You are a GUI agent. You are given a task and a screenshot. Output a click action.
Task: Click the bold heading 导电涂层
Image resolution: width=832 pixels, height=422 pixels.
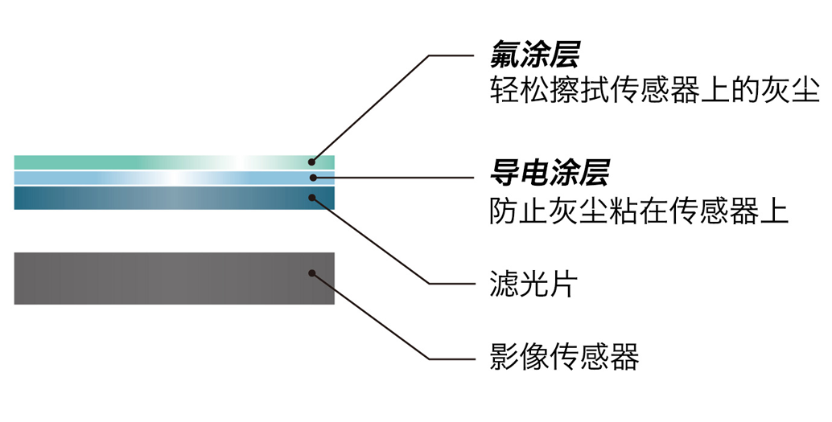[x=550, y=172]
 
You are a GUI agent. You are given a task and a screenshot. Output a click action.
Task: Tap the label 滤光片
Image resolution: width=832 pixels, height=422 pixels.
[x=533, y=284]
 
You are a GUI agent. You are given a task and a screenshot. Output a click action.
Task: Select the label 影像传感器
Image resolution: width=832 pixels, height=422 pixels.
[x=564, y=356]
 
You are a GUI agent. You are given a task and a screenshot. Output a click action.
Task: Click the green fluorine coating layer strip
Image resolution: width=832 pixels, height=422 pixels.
[x=161, y=162]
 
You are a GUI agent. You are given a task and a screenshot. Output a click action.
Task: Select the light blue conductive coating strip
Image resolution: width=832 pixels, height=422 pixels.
[x=161, y=178]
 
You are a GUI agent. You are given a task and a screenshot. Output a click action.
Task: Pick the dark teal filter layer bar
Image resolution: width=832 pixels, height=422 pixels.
[x=161, y=198]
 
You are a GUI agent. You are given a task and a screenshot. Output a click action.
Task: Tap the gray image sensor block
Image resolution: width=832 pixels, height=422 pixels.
[x=161, y=278]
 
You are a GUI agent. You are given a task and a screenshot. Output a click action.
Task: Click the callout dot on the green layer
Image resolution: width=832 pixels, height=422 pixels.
[x=312, y=162]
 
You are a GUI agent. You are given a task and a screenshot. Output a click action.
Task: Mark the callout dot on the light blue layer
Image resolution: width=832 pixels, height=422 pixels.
[x=312, y=178]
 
